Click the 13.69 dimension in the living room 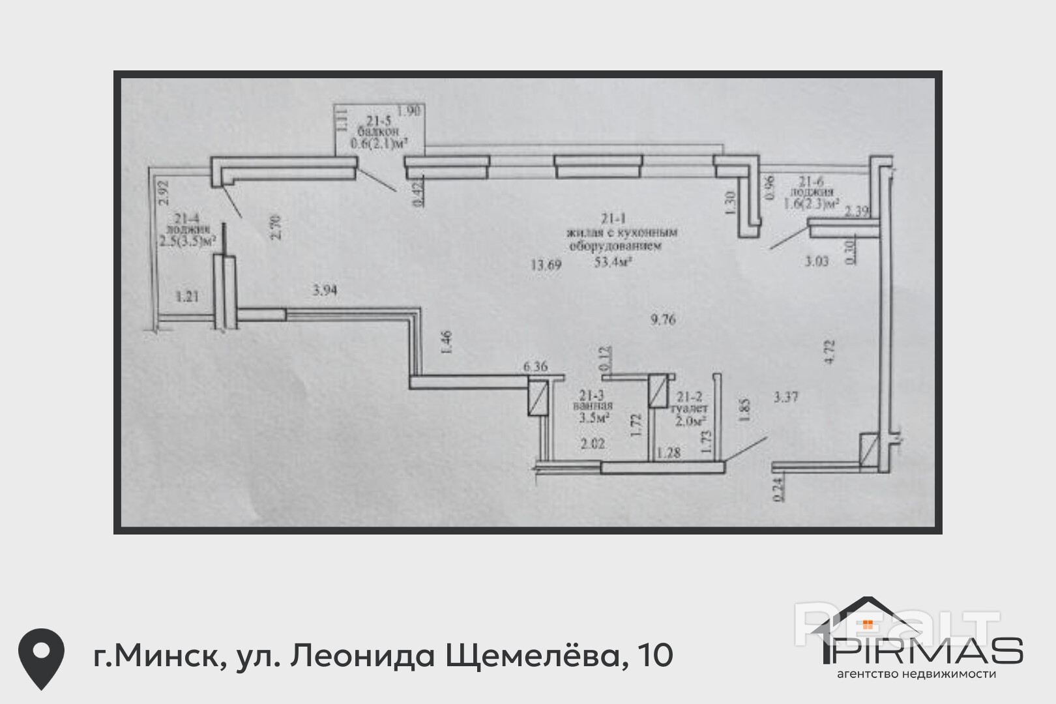tap(546, 265)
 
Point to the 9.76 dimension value tap(663, 319)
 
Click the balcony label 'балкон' tap(377, 132)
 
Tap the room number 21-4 tap(186, 219)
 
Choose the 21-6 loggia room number tap(812, 181)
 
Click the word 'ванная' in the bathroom tap(593, 405)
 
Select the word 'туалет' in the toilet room tap(689, 408)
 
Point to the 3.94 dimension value tap(325, 290)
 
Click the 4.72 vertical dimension tap(829, 352)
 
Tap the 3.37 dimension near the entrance tap(785, 396)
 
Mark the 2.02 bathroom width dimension tap(593, 443)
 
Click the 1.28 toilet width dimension tap(669, 452)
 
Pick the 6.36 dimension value tap(535, 366)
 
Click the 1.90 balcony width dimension tap(409, 111)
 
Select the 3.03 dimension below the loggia tap(816, 261)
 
